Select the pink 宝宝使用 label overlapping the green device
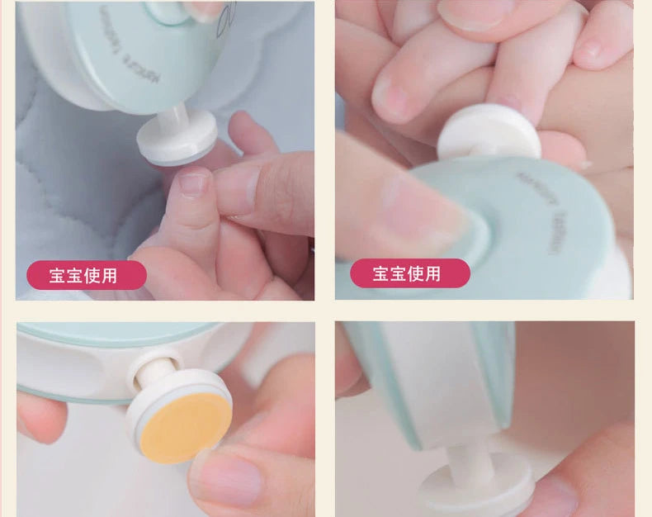coord(409,273)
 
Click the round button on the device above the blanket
coord(169,10)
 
